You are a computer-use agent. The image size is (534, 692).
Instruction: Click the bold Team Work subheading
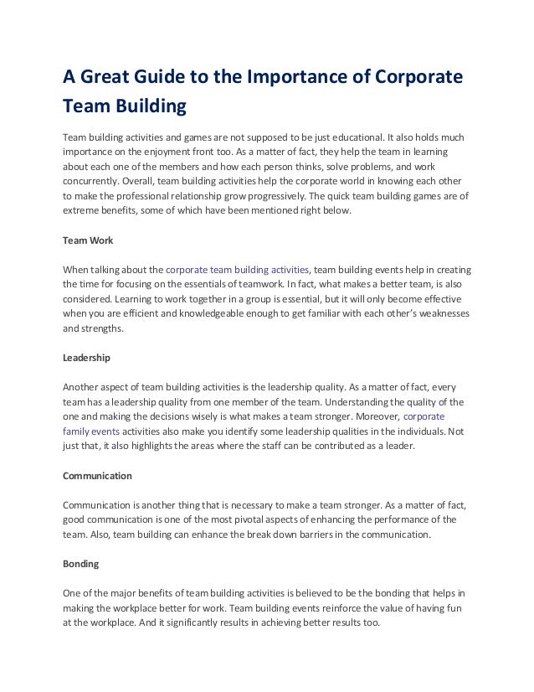pyautogui.click(x=87, y=240)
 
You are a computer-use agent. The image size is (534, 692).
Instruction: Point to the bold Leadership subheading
pyautogui.click(x=87, y=357)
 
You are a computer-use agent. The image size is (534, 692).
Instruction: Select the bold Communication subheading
pyautogui.click(x=98, y=475)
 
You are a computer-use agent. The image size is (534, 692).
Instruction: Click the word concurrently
pyautogui.click(x=90, y=180)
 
